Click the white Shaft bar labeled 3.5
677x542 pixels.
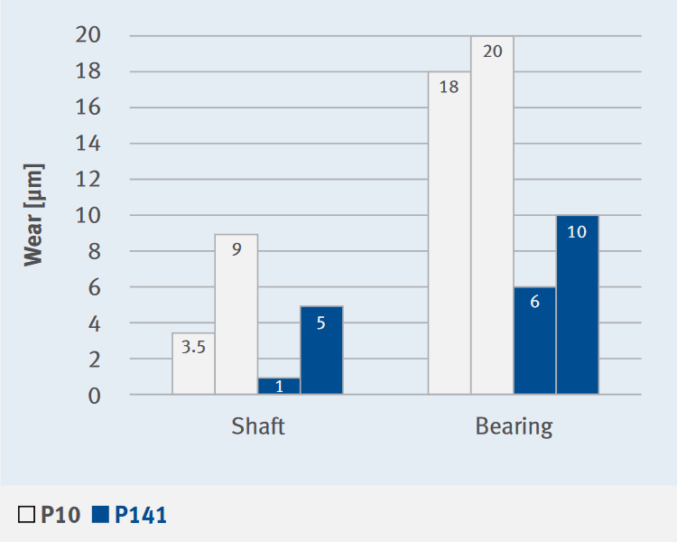(x=193, y=364)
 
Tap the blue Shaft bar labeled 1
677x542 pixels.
(x=279, y=386)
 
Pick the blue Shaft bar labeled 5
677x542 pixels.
(x=321, y=350)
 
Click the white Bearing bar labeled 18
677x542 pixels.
(x=449, y=233)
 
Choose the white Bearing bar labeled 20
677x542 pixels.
(x=492, y=215)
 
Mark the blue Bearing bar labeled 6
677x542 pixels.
(x=534, y=341)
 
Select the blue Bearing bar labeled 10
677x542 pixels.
(x=577, y=304)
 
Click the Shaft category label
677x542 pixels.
(x=258, y=426)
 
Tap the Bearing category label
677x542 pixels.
(x=514, y=426)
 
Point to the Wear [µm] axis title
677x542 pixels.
(x=33, y=215)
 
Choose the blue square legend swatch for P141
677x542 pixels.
(x=100, y=516)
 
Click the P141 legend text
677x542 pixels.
(x=141, y=516)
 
